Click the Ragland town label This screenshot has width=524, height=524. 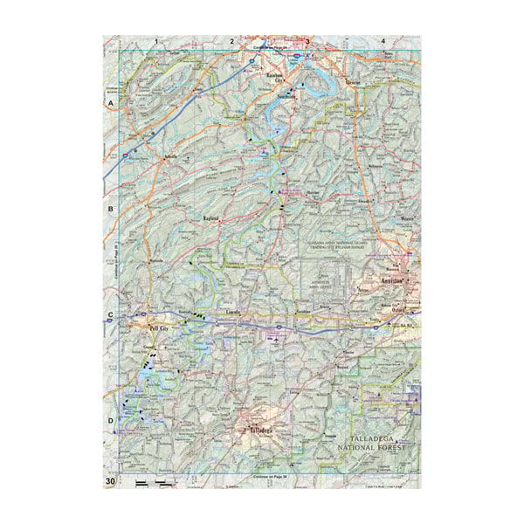coord(214,218)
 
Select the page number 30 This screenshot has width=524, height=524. coord(110,481)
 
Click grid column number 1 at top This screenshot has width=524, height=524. coord(156,40)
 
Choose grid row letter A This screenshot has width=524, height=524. coord(110,104)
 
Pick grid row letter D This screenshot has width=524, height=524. coord(110,422)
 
